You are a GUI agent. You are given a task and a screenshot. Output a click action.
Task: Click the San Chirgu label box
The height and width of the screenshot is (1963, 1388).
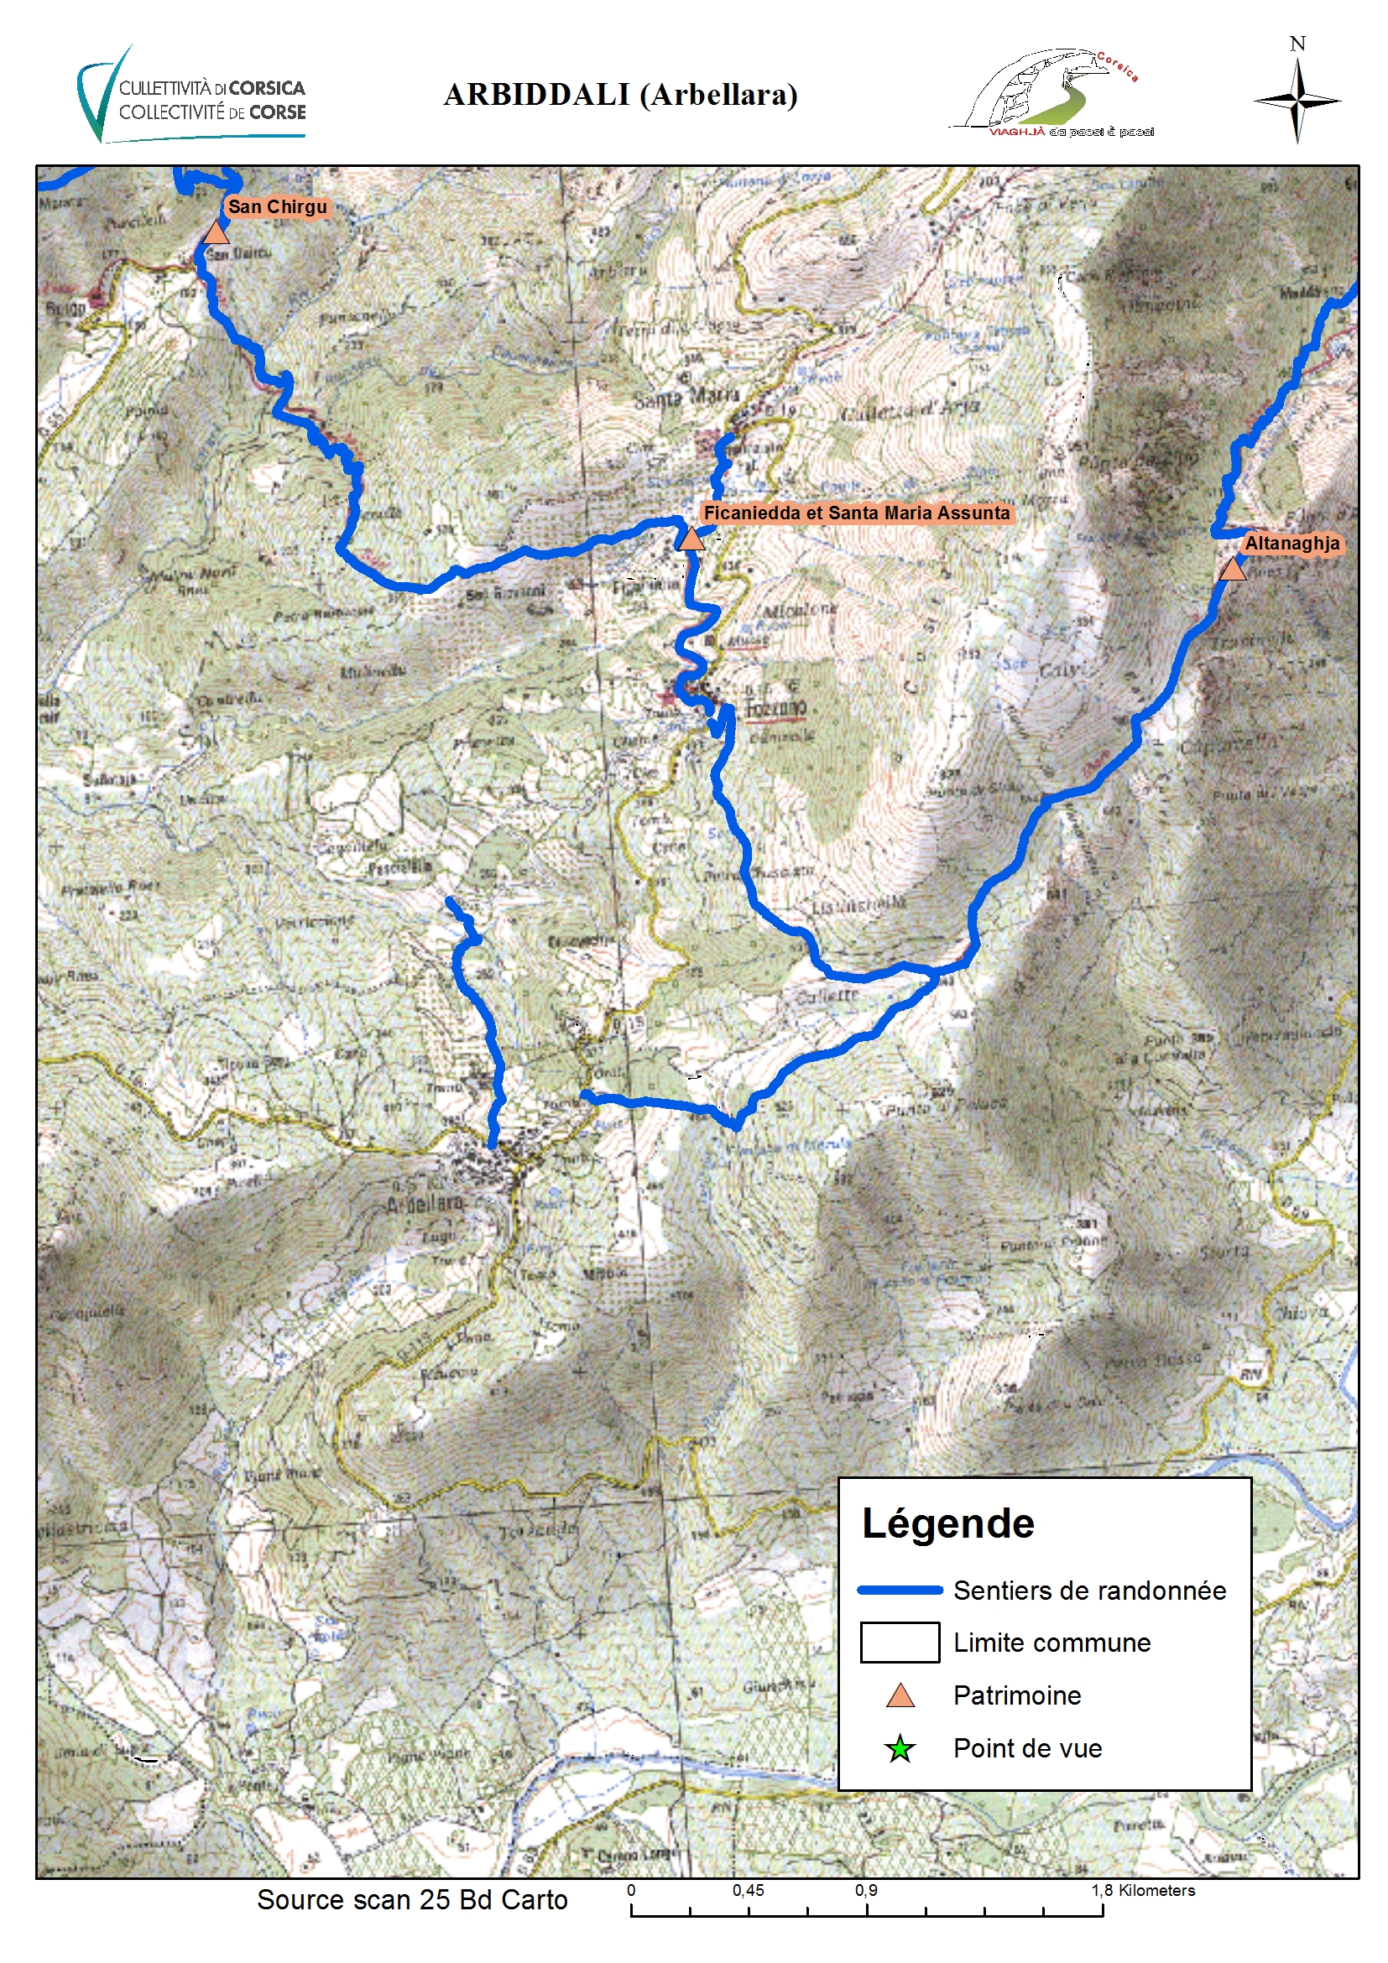tap(277, 207)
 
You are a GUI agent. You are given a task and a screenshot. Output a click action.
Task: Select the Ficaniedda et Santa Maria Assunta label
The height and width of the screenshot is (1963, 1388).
tap(856, 513)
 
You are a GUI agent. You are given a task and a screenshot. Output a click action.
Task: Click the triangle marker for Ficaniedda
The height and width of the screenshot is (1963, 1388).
tap(690, 539)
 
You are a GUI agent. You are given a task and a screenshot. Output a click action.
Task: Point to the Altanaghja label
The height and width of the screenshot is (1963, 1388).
tap(1291, 544)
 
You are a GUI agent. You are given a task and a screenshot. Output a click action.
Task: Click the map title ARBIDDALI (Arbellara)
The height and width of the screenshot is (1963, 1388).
tap(620, 95)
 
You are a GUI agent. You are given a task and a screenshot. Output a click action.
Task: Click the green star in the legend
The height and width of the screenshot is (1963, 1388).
tap(900, 1749)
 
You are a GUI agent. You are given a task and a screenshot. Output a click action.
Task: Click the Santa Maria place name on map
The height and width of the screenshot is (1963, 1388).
tap(686, 398)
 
